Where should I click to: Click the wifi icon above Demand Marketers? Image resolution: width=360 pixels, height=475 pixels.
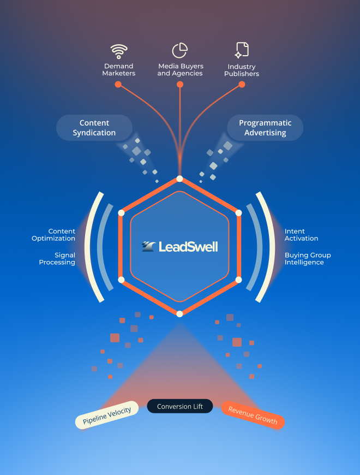118,51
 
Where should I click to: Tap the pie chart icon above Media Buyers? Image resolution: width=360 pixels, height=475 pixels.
180,50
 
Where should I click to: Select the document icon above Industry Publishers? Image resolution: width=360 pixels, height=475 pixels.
242,50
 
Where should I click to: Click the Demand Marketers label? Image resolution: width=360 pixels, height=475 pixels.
118,70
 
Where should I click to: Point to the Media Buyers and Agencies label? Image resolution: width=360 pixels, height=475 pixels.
180,70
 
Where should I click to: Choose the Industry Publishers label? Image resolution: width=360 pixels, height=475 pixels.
242,70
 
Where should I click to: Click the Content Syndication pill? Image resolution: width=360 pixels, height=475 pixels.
94,128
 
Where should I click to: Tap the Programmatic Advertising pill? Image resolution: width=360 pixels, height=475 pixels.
265,128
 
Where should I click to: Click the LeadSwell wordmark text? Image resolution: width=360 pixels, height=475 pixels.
188,247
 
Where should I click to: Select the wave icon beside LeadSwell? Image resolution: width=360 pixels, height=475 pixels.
148,247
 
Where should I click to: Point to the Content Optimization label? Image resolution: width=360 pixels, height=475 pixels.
53,235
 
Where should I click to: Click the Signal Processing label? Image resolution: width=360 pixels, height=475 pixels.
57,259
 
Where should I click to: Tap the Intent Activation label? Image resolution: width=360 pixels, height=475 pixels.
302,235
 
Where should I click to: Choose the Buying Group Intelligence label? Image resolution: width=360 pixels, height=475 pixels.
308,259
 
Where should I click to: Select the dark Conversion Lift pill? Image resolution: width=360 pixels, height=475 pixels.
180,406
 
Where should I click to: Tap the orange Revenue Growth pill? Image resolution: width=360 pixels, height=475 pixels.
253,415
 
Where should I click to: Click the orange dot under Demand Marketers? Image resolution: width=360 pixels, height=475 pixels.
118,85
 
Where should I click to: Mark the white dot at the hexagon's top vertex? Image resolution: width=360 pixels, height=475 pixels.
179,179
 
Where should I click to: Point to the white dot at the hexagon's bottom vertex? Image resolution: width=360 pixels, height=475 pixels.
180,313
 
